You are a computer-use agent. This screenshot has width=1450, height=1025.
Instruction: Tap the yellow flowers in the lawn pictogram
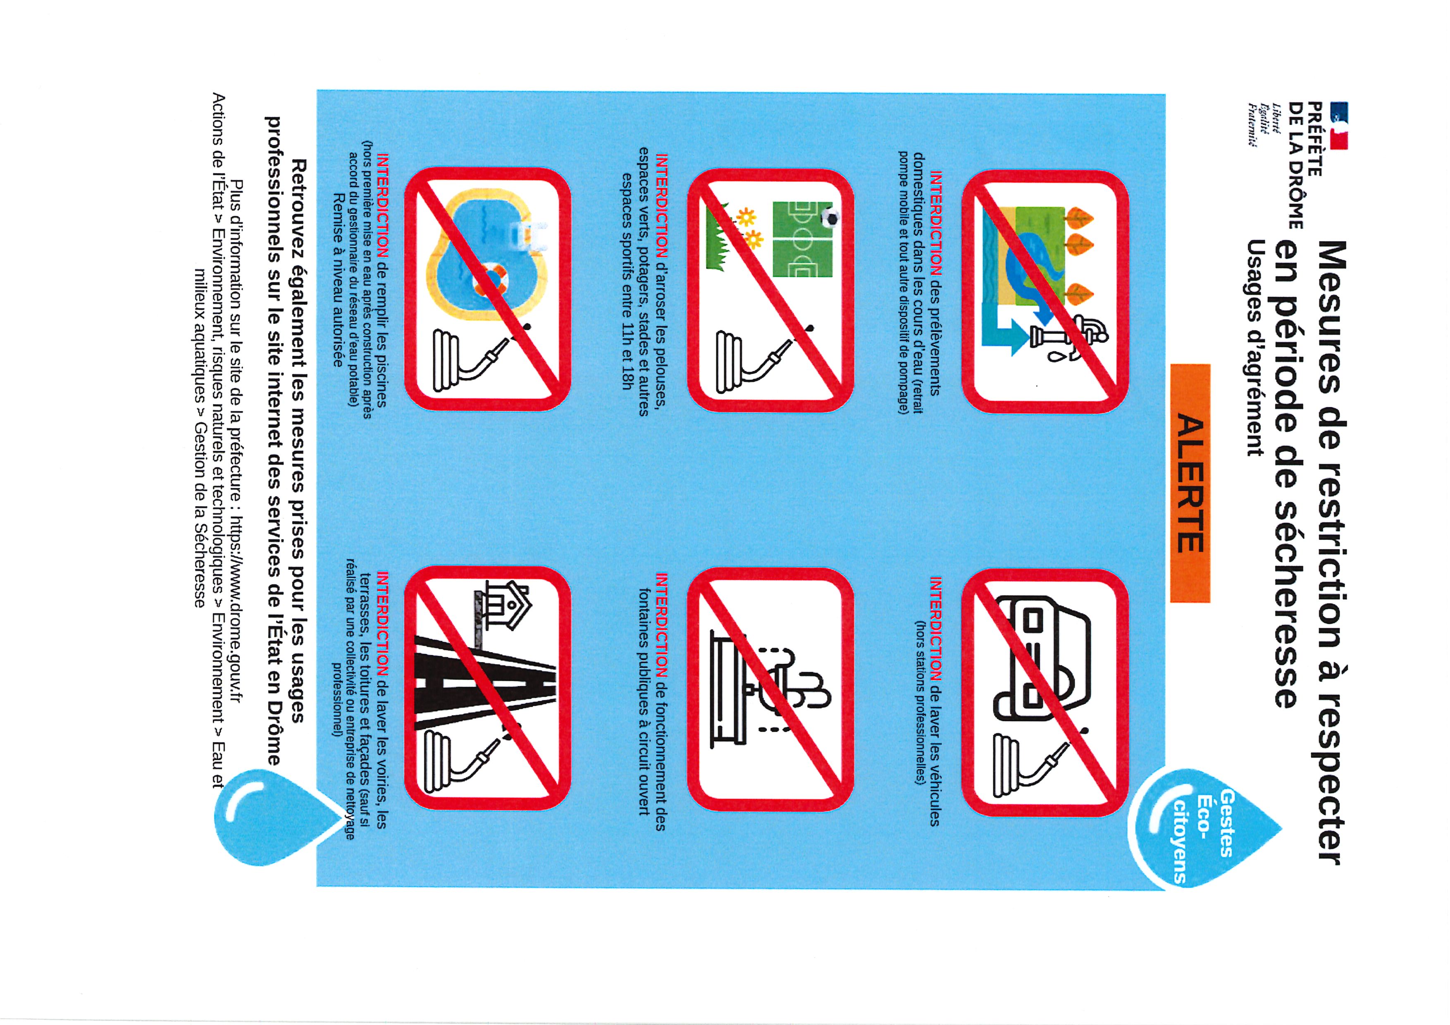click(x=750, y=229)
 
